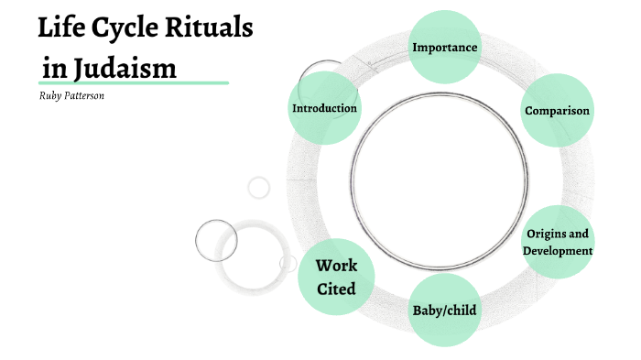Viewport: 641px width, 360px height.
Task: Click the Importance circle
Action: coord(445,46)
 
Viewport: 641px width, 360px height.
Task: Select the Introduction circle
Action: coord(324,108)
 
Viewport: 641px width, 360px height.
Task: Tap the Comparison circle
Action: coord(557,111)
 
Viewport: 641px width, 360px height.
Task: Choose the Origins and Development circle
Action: coord(558,243)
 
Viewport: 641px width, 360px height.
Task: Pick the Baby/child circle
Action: coord(445,310)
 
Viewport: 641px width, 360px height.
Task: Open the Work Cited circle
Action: coord(336,278)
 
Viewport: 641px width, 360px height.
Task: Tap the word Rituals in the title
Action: coord(210,28)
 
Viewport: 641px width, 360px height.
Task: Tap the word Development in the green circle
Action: coord(558,251)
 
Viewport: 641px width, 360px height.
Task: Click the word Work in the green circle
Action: coord(336,267)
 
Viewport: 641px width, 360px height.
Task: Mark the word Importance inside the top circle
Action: coord(445,46)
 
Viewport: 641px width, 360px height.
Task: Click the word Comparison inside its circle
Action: coord(557,111)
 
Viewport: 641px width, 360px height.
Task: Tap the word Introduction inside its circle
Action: coord(324,108)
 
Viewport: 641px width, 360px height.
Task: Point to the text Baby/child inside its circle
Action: coord(445,310)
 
